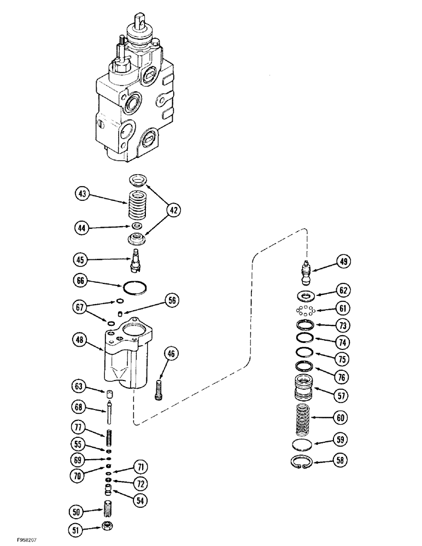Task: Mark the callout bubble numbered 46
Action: pyautogui.click(x=172, y=355)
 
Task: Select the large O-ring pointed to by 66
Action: pyautogui.click(x=134, y=287)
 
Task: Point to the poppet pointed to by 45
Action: pyautogui.click(x=137, y=259)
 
